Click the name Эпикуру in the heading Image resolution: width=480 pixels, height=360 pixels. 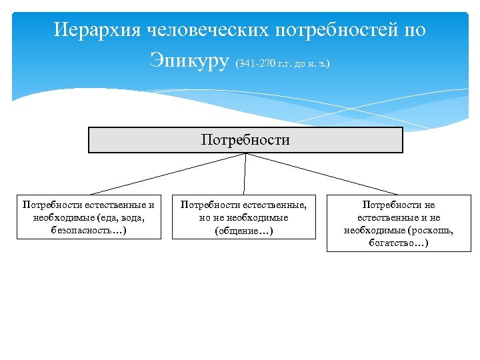[189, 61]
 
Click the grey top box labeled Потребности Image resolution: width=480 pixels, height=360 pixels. [245, 140]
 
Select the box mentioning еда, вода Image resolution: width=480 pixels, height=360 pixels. [89, 217]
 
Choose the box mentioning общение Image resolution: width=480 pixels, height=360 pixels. [243, 217]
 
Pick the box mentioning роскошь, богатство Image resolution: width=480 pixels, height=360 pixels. [399, 224]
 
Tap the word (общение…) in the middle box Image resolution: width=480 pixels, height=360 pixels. [243, 231]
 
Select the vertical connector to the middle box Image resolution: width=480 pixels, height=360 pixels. [245, 174]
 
